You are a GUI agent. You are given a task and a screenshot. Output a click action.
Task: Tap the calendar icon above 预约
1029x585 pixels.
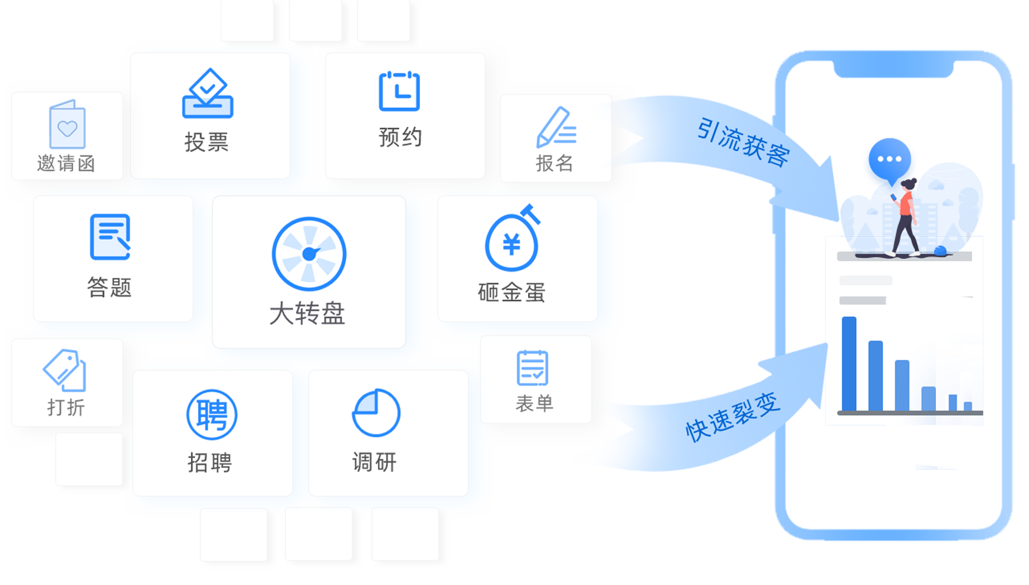coord(399,91)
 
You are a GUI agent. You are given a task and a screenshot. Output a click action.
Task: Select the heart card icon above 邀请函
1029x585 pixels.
coord(67,125)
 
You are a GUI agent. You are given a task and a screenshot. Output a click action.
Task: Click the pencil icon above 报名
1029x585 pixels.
coord(556,127)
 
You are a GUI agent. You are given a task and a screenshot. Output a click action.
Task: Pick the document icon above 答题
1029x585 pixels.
coord(110,237)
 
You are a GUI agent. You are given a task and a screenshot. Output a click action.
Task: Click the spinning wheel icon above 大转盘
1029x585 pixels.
coord(309,254)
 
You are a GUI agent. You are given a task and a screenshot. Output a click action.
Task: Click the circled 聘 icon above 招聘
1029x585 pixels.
coord(212,415)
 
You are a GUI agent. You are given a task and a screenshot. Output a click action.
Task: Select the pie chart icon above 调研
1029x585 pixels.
coord(376,413)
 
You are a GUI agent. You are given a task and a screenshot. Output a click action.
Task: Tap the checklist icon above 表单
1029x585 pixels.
coord(532,368)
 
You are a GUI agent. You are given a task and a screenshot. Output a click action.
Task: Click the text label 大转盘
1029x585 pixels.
coord(307,314)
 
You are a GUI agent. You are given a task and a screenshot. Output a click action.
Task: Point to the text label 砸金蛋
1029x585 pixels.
coord(511,293)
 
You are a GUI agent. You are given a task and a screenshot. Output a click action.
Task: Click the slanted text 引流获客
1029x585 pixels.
coord(742,142)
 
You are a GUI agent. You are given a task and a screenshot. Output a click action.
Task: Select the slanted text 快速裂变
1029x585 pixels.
coord(733,417)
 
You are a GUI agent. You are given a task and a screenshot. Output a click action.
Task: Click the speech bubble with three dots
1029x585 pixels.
coord(889,159)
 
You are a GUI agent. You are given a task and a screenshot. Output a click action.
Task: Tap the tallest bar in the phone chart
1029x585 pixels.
coord(849,364)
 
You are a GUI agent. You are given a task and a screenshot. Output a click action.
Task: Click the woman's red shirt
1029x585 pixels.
coord(906,203)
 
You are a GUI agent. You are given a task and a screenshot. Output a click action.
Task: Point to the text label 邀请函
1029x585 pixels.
coord(66,164)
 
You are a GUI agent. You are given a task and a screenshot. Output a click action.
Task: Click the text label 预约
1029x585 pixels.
coord(400,138)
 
